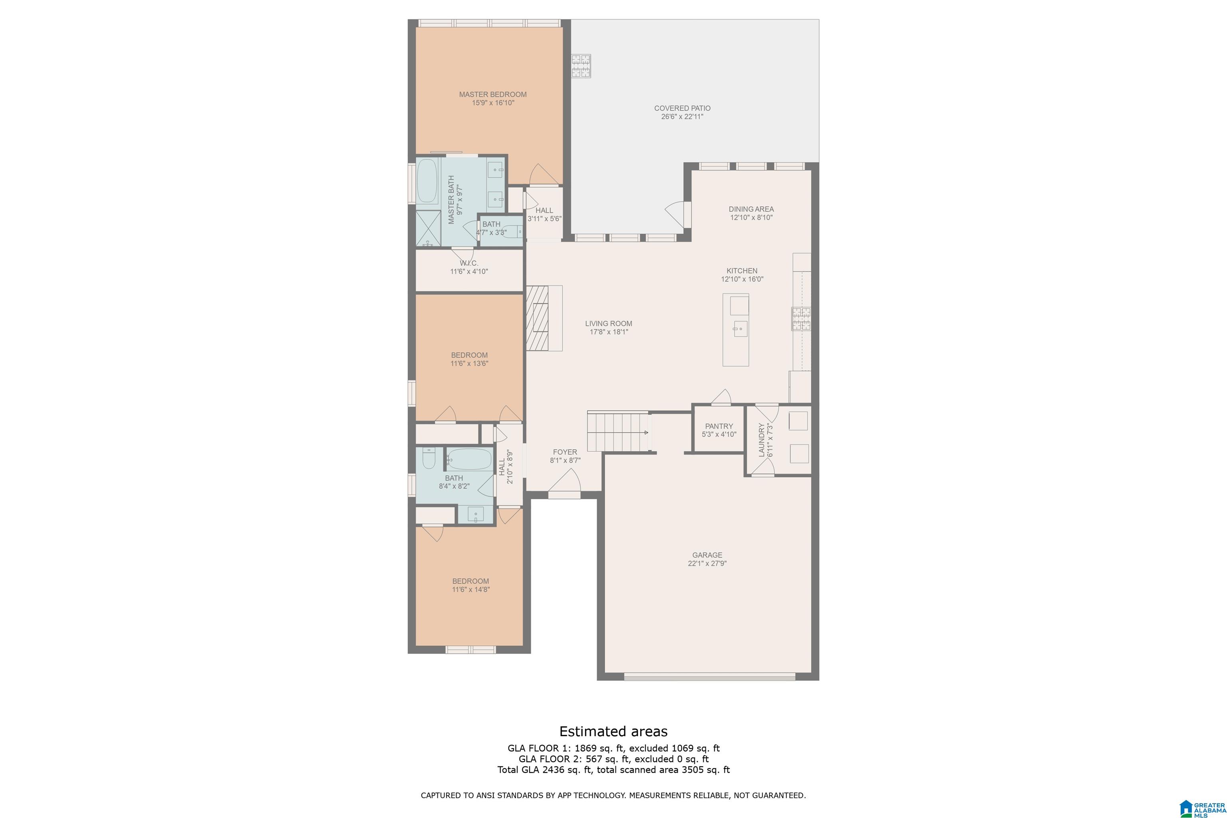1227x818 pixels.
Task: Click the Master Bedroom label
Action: [492, 94]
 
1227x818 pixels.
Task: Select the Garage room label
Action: [707, 555]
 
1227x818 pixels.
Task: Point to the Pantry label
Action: [719, 426]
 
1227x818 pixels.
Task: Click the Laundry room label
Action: [762, 440]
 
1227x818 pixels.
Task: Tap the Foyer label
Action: [565, 452]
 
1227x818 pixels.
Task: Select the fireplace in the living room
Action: [544, 318]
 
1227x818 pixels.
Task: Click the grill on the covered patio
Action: [581, 66]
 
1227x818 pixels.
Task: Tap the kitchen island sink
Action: [740, 329]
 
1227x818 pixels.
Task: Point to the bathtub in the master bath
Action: [427, 181]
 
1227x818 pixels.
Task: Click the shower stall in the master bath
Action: [428, 228]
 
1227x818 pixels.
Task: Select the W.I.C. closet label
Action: [469, 264]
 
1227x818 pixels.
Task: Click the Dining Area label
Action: [751, 209]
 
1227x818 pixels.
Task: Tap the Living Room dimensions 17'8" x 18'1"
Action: [609, 332]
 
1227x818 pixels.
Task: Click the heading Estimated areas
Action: [613, 731]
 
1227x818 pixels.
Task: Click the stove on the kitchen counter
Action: [801, 319]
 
